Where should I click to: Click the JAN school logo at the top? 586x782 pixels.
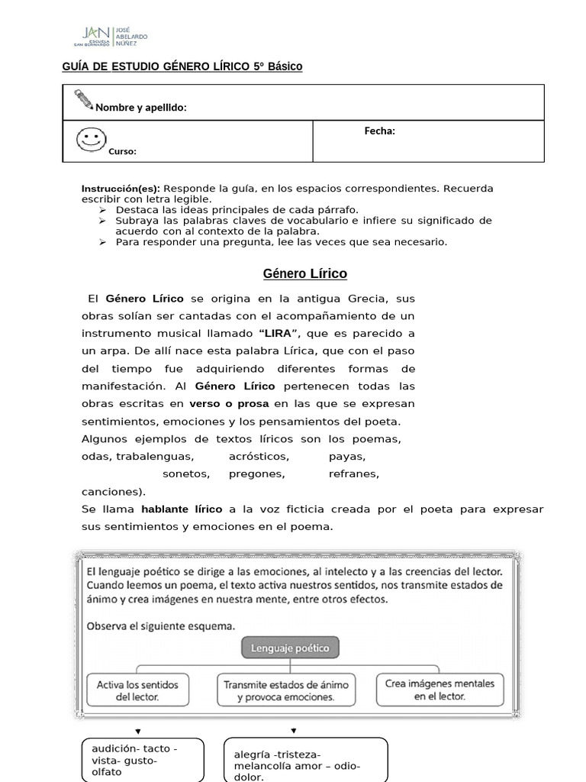point(114,34)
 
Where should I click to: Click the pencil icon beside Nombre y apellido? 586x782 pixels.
point(82,99)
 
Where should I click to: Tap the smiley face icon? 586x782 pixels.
point(92,139)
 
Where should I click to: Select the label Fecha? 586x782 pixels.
point(379,131)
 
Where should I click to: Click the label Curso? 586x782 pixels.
point(122,151)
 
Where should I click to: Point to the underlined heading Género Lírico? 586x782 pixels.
point(304,273)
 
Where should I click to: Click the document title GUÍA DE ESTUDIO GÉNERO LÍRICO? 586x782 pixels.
point(182,66)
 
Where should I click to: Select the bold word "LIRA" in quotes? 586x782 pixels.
point(280,333)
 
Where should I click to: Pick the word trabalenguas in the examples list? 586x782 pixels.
point(155,457)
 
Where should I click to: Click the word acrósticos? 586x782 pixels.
point(259,457)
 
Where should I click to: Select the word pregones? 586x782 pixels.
point(256,473)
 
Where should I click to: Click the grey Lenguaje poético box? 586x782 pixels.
point(291,648)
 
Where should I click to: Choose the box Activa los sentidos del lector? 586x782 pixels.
point(137,690)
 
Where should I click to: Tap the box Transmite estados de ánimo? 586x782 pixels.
point(286,690)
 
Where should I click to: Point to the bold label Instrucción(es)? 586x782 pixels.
point(121,189)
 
